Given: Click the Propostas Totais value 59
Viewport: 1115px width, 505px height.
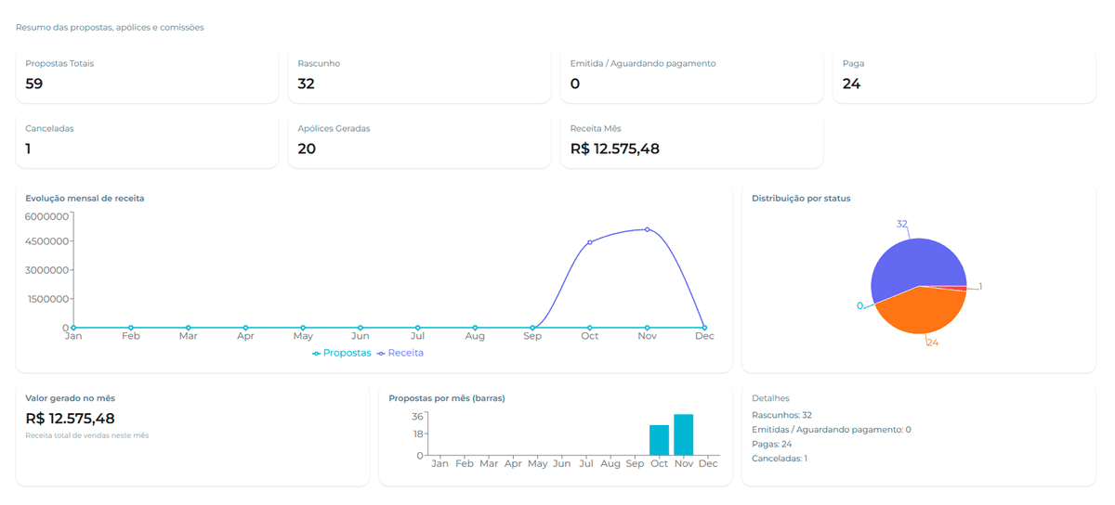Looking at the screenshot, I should [x=34, y=84].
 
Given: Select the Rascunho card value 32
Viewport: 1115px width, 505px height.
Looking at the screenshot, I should [x=307, y=84].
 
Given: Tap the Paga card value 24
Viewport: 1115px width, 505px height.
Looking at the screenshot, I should [x=851, y=84].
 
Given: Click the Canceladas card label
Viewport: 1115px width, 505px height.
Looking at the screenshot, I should [x=49, y=129].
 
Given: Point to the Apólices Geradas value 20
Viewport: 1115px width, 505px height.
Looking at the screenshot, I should [x=307, y=149].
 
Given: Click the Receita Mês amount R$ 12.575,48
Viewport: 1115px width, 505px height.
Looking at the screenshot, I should [x=614, y=149].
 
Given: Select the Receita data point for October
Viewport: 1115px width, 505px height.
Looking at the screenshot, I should [x=589, y=242].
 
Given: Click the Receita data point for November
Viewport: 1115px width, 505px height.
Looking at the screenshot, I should [x=647, y=229].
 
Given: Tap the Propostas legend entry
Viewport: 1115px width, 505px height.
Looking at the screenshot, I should [x=342, y=354].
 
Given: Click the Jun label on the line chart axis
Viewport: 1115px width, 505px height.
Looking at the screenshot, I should [x=361, y=336].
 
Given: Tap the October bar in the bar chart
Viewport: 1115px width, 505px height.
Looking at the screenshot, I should [x=659, y=440].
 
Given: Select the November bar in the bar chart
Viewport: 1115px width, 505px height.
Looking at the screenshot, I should [x=684, y=434].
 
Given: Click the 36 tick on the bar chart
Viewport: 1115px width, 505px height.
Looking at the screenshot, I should [x=418, y=416].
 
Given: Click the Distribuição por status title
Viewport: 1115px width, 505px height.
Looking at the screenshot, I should [x=801, y=199].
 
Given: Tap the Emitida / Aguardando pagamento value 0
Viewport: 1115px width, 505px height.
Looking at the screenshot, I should [x=575, y=84].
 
